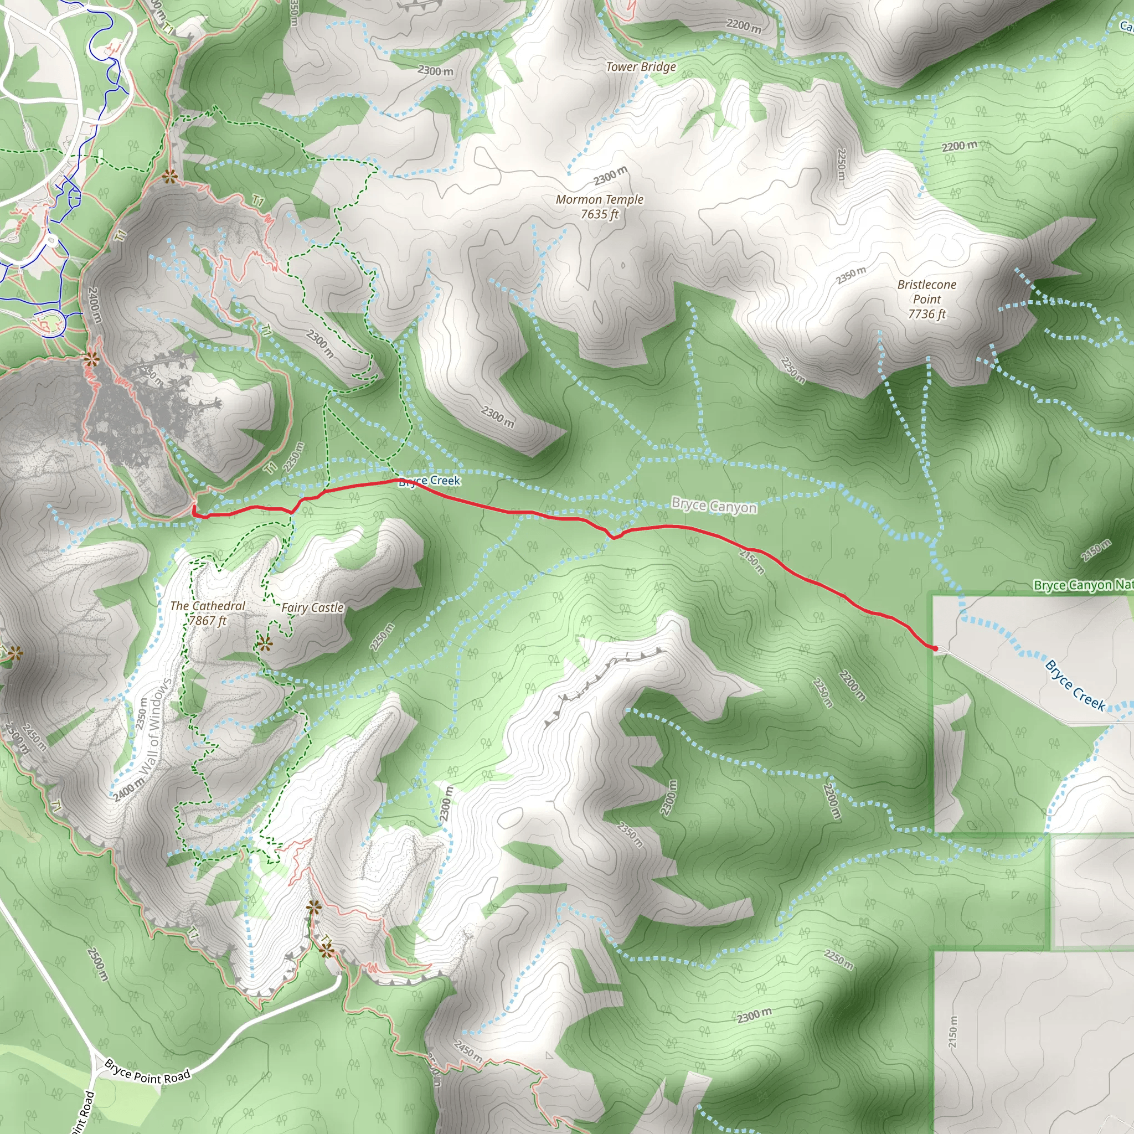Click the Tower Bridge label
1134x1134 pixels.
641,67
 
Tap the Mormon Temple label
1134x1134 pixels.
599,199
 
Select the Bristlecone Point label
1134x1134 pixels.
927,292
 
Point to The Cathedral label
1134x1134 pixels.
208,606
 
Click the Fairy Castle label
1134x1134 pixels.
312,607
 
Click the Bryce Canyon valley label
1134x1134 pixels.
714,506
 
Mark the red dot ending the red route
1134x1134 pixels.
935,648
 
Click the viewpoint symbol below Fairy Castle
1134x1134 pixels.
265,645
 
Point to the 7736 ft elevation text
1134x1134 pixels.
927,314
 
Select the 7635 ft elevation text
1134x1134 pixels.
599,214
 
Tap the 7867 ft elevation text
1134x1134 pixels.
208,620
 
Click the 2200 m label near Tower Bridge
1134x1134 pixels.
744,25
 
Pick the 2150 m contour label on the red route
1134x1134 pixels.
752,561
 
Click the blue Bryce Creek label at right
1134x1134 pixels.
1075,685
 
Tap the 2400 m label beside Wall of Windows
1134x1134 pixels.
128,790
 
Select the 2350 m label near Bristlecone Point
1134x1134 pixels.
851,275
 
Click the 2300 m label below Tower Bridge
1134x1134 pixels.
610,175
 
